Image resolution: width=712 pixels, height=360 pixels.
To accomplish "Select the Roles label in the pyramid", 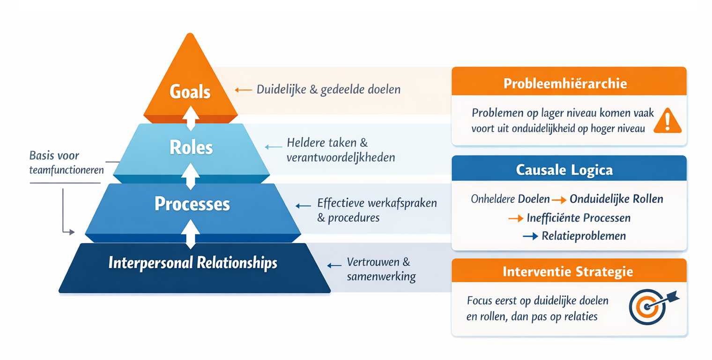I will pos(191,148).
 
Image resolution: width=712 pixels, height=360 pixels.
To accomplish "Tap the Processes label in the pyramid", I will pos(192,205).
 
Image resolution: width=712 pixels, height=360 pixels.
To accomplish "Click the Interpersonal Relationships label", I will pos(193,263).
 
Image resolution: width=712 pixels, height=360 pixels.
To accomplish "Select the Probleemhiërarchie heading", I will pos(565,83).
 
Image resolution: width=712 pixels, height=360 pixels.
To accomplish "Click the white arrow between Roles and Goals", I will pos(191,118).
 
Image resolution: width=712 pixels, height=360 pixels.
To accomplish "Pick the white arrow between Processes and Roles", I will pos(191,175).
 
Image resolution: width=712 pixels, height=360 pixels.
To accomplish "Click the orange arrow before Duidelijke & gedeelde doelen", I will pos(243,89).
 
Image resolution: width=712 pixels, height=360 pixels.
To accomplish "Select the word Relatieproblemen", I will pos(584,236).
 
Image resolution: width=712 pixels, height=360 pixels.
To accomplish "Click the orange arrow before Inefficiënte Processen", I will pos(516,218).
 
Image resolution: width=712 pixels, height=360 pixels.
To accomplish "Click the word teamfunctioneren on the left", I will pos(66,170).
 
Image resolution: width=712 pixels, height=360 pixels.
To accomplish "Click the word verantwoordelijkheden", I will pos(341,158).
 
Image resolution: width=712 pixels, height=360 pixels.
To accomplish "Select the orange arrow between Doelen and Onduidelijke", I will pos(559,200).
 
